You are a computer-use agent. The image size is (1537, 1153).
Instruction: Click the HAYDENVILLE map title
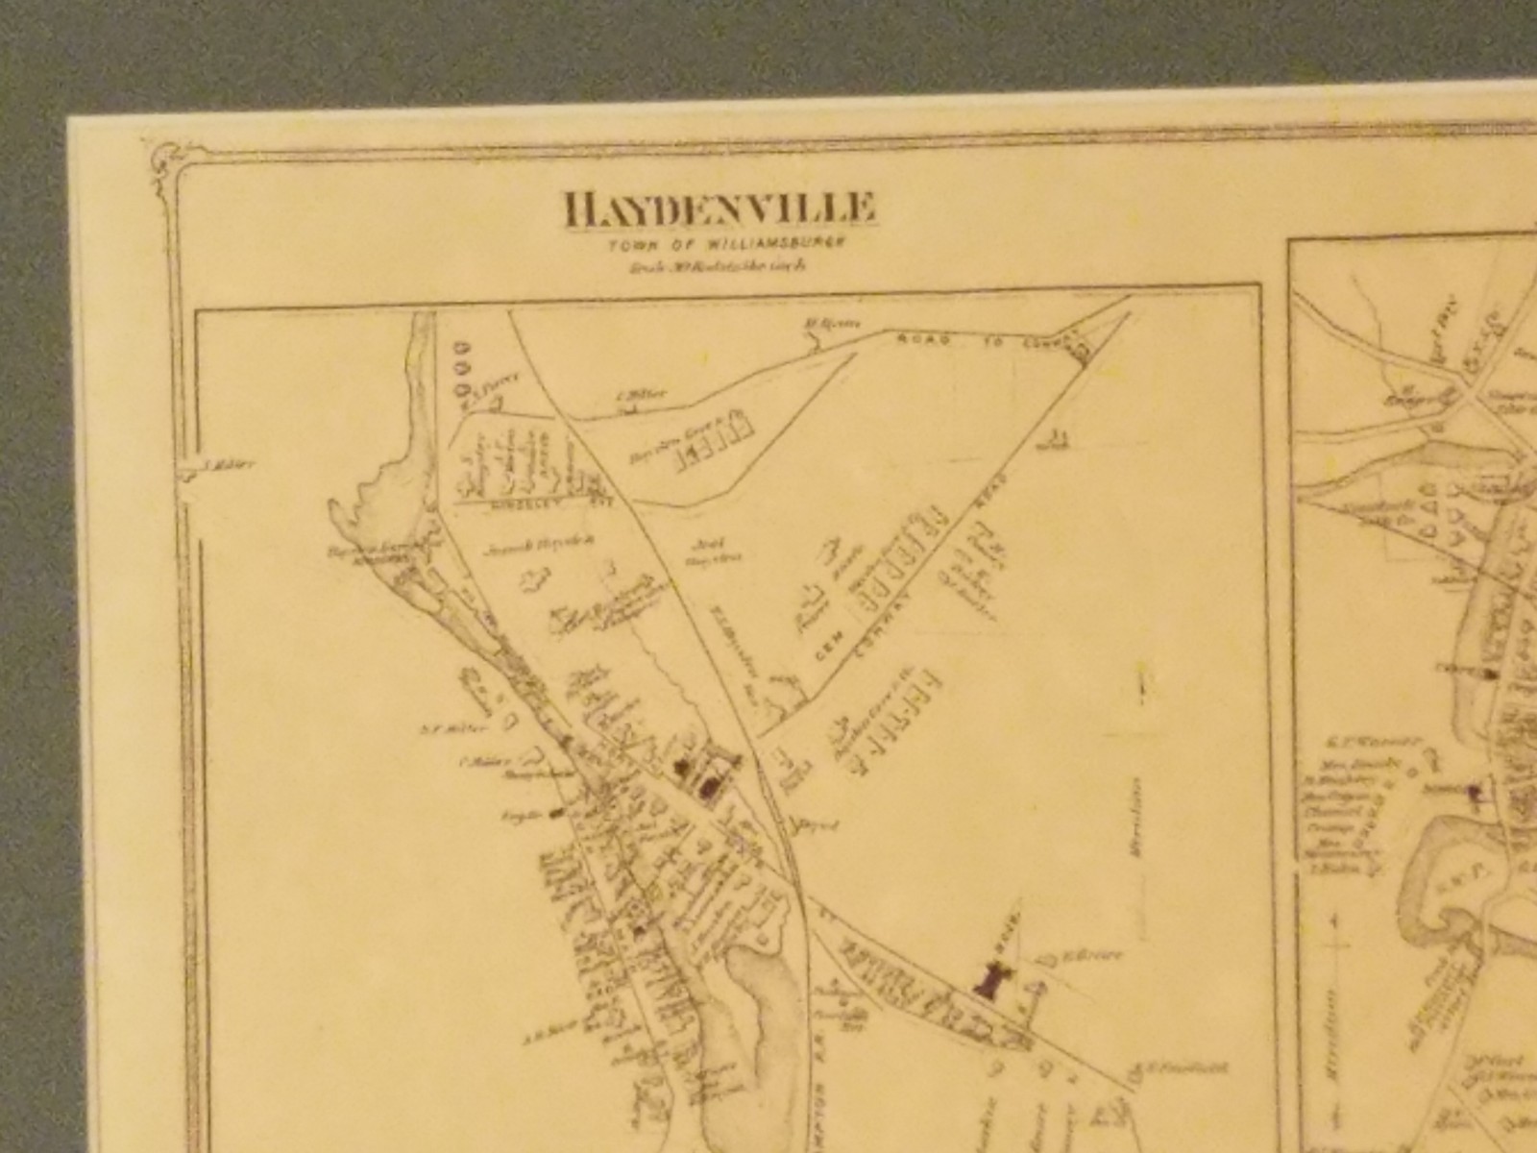coord(720,210)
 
